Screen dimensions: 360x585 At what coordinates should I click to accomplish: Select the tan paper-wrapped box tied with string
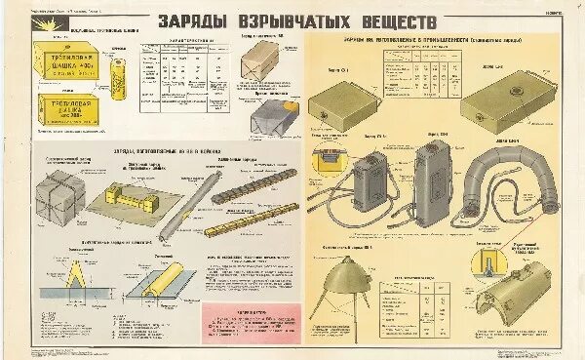[x=269, y=71]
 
